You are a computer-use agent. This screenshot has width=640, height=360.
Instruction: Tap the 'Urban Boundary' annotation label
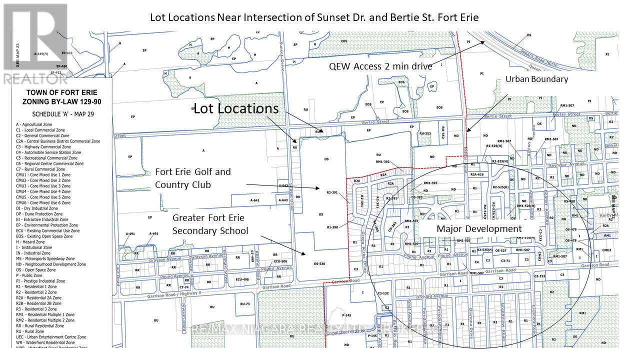536,79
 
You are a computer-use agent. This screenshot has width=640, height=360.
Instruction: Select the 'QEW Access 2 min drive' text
380,66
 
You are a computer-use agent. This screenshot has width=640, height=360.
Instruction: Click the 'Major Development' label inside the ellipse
479,228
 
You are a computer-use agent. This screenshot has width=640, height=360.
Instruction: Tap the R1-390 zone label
332,227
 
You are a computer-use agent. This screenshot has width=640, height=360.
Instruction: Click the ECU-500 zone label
280,261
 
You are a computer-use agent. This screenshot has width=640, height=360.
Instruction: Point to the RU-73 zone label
244,303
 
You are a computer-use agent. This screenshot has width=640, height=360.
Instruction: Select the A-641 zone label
255,200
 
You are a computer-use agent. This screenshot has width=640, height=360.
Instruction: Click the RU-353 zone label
425,134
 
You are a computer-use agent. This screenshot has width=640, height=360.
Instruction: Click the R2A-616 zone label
476,174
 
